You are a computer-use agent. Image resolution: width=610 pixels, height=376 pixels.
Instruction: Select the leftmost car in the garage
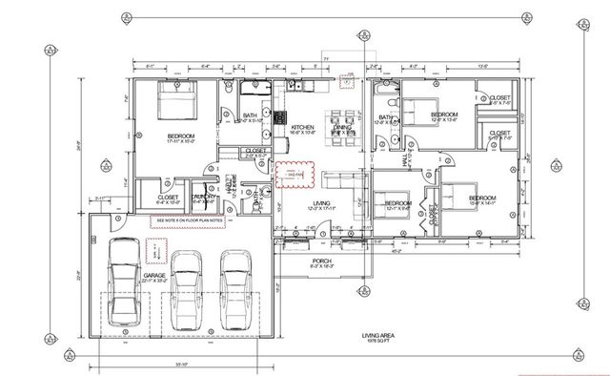click(127, 287)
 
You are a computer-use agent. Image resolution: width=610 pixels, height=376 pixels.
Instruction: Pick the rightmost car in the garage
click(238, 292)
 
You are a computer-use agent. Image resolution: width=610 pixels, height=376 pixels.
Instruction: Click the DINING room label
click(342, 126)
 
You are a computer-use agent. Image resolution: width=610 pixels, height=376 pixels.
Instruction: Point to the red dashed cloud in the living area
click(293, 176)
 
